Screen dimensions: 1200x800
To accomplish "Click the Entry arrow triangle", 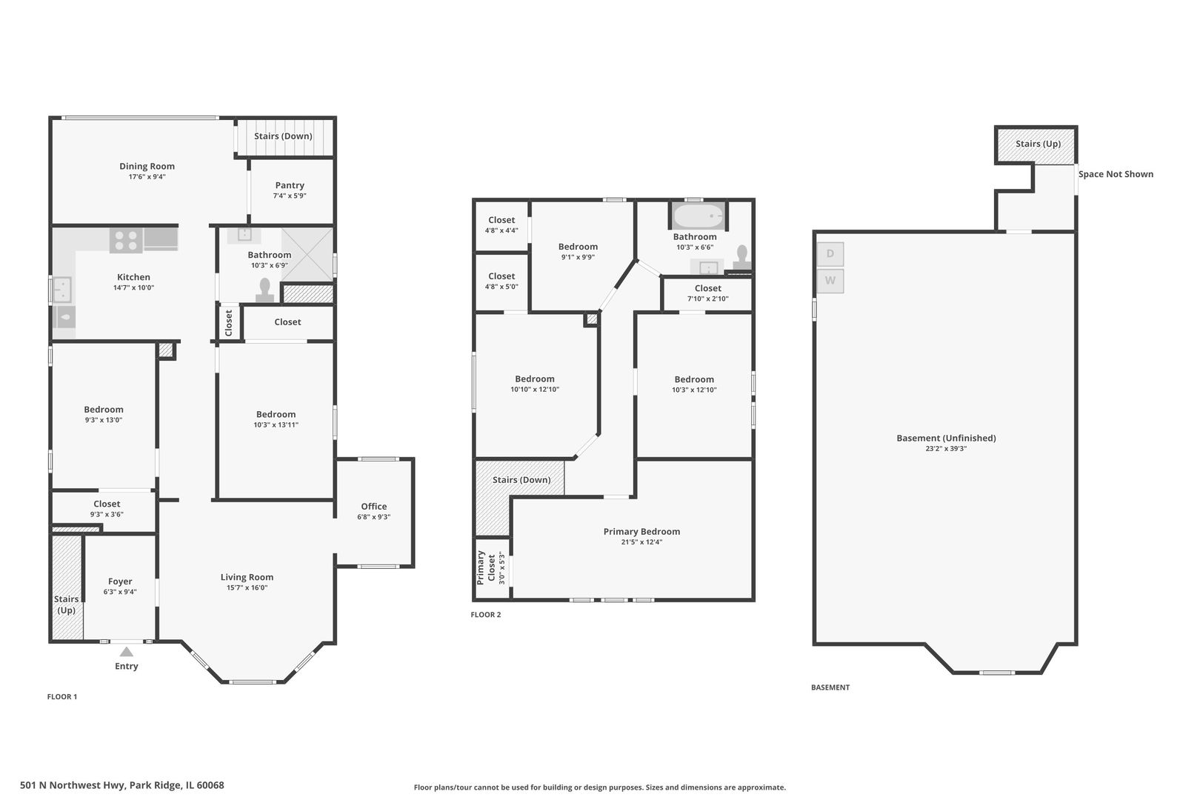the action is pos(127,652).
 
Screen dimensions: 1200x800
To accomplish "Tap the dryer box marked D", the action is pos(830,254).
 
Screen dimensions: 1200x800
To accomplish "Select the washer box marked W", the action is pos(830,281).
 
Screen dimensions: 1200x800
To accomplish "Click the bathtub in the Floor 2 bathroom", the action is pos(698,216).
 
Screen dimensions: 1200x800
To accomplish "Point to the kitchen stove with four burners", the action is pos(126,240).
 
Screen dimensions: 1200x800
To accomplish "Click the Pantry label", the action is pos(290,185).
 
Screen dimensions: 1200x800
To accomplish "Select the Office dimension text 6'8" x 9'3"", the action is pos(374,517).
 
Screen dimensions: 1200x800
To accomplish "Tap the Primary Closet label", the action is pos(486,567).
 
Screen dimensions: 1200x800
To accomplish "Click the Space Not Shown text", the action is pos(1116,174).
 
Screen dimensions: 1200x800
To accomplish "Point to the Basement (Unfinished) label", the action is pos(946,439).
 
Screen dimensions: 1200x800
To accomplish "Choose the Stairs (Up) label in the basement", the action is pos(1039,144).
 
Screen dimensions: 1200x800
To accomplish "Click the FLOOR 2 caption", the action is pos(486,615).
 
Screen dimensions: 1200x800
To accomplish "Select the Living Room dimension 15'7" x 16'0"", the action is pos(247,588).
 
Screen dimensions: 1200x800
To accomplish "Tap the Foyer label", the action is pos(120,581).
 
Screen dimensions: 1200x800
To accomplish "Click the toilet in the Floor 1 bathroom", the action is pos(264,290).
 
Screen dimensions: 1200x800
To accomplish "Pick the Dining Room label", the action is pos(147,166).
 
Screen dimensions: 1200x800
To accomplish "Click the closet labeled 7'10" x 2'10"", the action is pos(707,293).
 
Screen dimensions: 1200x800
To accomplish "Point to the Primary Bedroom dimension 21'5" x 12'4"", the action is pos(641,542).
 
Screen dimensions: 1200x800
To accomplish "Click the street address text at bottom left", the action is pos(122,785).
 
